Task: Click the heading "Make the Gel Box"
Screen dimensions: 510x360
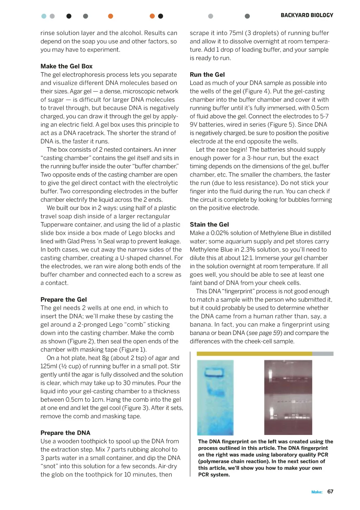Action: (x=66, y=66)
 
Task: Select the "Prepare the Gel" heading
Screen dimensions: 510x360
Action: (x=64, y=299)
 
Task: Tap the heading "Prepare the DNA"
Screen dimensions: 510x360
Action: (x=65, y=433)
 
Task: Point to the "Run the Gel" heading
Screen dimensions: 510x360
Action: (x=207, y=74)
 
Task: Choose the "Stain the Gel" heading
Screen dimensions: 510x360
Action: (x=209, y=224)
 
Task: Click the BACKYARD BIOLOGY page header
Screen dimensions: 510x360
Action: (x=307, y=15)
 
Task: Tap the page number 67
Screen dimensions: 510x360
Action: (x=330, y=491)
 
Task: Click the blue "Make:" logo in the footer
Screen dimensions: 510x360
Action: (x=317, y=492)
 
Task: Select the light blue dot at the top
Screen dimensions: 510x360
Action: (x=44, y=16)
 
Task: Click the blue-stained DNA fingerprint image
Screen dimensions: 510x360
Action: (x=215, y=397)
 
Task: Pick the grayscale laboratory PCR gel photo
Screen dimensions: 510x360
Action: (x=288, y=397)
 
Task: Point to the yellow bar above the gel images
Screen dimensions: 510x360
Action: (x=254, y=354)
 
